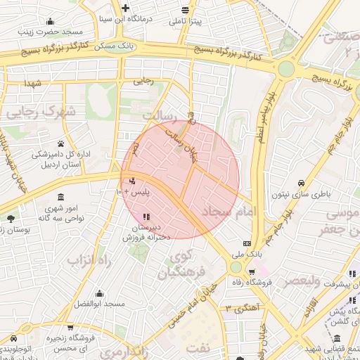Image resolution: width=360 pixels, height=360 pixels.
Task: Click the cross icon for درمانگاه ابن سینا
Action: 124,8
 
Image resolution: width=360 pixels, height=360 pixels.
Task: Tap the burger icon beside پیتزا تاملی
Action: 185,10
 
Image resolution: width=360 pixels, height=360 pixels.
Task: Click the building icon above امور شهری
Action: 60,196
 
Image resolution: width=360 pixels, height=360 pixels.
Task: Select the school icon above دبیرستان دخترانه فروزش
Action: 146,217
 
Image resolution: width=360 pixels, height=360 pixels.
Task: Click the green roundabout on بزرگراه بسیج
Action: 285,68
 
